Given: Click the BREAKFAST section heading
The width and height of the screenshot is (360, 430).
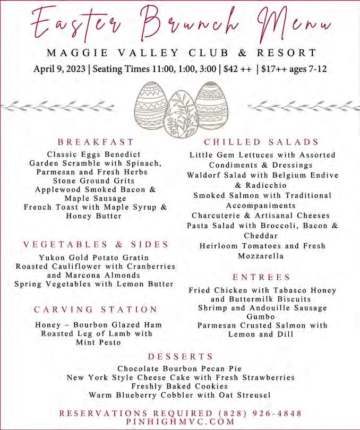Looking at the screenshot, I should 96,142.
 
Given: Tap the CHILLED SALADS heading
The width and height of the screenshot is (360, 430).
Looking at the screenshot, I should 261,142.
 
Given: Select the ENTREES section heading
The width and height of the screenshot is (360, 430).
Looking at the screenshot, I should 261,277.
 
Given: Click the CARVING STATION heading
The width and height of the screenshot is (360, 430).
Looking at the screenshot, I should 96,309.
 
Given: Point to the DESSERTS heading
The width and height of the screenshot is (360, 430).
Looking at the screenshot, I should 181,356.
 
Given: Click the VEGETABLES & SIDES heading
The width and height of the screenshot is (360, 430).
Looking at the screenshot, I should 96,245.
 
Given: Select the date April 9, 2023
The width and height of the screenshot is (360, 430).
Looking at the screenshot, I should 60,70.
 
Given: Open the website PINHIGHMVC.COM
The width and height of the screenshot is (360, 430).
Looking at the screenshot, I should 181,422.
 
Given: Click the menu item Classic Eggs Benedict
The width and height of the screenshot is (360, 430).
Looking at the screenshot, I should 96,154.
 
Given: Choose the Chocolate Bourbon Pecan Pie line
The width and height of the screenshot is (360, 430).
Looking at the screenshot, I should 179,368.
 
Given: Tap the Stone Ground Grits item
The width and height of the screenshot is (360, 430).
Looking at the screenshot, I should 96,181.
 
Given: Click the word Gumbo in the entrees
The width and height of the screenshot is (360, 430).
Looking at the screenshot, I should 262,316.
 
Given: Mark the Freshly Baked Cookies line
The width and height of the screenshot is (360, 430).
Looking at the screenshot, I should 179,386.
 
